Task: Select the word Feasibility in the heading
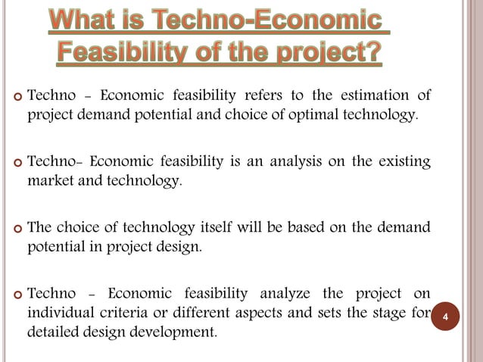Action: pos(126,55)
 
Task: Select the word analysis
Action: pos(285,161)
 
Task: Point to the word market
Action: pos(51,181)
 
